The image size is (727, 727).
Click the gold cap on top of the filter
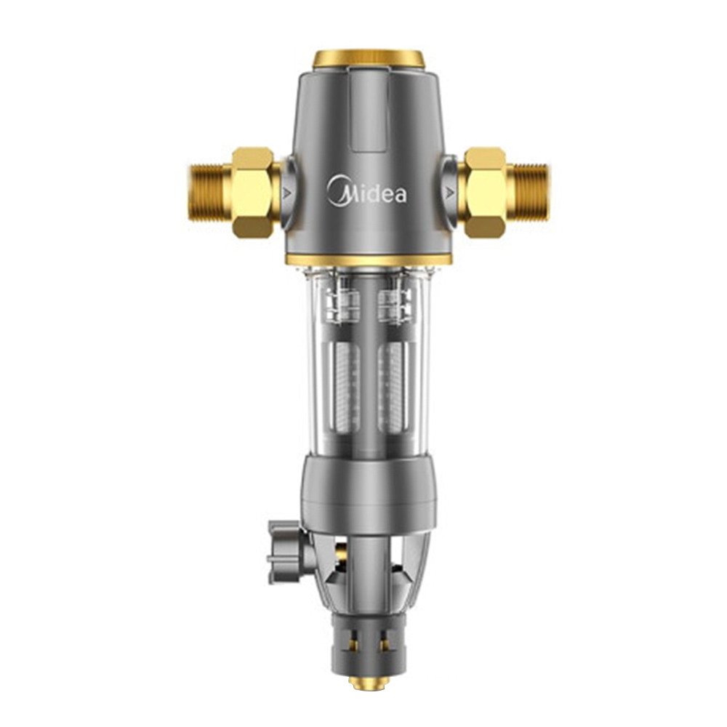pos(369,60)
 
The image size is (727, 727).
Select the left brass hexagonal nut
pos(253,193)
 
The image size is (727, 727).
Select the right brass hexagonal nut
pos(484,193)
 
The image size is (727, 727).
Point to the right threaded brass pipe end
pos(528,191)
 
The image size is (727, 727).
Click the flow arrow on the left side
pos(286,192)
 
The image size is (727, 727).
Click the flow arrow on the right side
pos(449,192)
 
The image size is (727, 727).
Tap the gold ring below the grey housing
pos(369,260)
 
